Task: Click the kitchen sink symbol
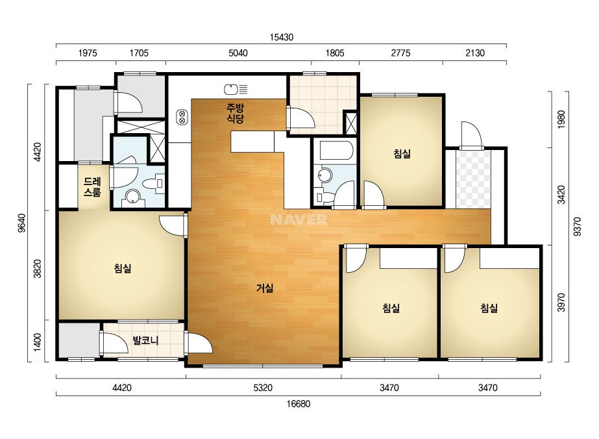pos(236,90)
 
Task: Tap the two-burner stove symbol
pos(182,117)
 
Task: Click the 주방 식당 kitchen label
pos(235,113)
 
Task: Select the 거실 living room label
pos(265,288)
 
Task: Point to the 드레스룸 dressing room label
pos(92,186)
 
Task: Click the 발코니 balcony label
pos(145,340)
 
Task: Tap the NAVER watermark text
pos(299,219)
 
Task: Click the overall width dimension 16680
pos(299,404)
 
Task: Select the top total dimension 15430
pos(282,37)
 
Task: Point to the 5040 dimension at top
pos(238,53)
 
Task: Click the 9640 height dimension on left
pos(22,223)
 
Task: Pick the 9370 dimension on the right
pos(577,227)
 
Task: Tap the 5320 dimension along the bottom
pos(263,388)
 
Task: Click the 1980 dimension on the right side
pos(561,119)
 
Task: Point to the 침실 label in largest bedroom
pos(123,268)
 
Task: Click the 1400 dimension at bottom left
pos(37,342)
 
